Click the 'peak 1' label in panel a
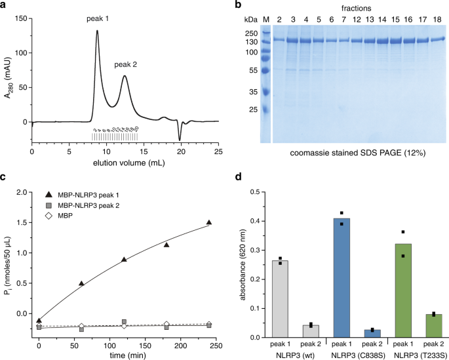97,19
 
